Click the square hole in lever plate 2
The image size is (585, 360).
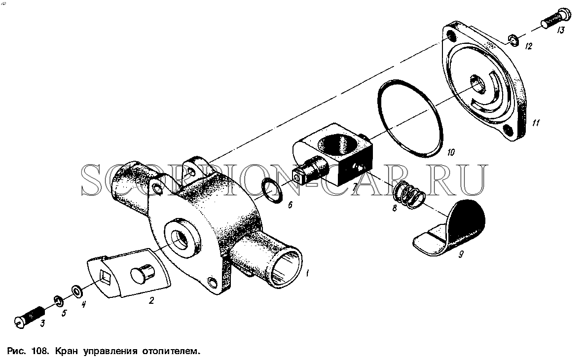tap(106, 277)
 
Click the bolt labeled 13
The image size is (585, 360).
tap(555, 19)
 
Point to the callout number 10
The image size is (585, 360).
tap(451, 152)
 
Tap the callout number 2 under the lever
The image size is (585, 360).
tap(151, 300)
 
